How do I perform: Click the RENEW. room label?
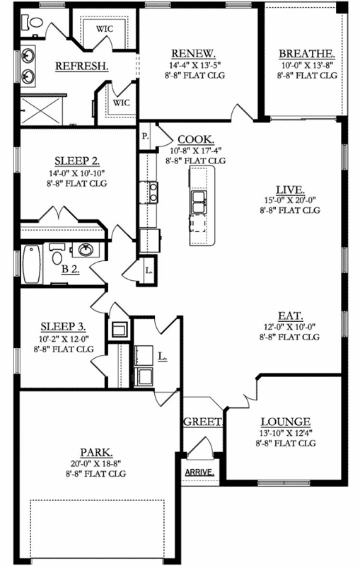point(194,54)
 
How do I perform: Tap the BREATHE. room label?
point(306,54)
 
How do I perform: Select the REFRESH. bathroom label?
point(81,66)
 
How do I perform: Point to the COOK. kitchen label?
point(196,139)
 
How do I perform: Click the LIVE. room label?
point(290,190)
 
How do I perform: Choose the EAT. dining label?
point(290,316)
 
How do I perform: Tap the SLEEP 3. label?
point(63,326)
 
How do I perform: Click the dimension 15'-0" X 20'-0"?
point(290,200)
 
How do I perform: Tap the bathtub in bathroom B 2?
point(30,265)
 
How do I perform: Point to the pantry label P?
point(144,135)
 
